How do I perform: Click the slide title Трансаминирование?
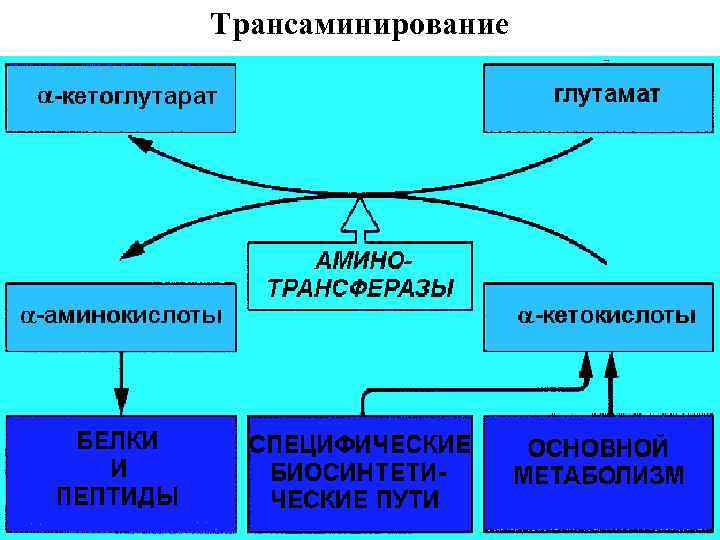[x=360, y=23]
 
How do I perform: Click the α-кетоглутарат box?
[x=121, y=98]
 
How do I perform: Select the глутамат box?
[x=600, y=96]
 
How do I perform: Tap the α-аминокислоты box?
[x=121, y=316]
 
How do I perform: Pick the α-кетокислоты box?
[x=600, y=316]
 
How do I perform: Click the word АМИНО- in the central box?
[x=362, y=262]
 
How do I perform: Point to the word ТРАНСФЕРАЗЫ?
[x=362, y=288]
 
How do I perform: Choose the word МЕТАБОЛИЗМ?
[x=598, y=475]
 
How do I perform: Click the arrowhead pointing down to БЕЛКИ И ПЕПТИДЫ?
[x=120, y=397]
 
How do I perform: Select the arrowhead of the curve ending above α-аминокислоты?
[x=131, y=251]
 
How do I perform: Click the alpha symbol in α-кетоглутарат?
[x=44, y=98]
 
